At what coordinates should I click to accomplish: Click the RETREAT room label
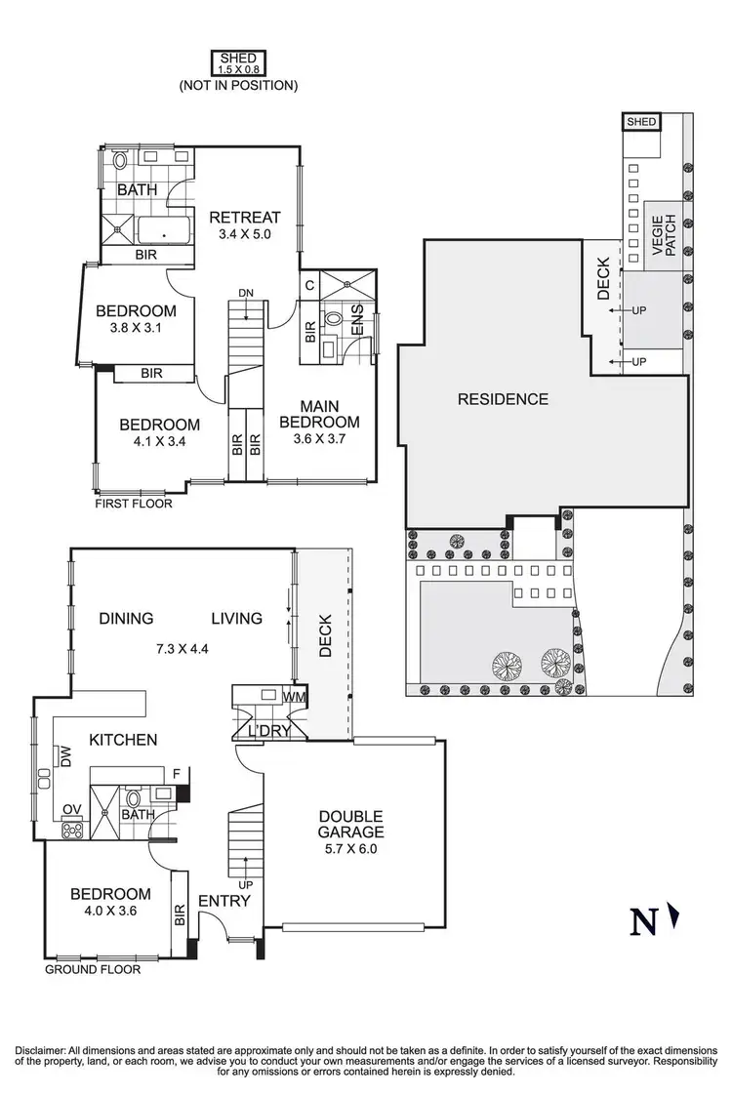[x=244, y=217]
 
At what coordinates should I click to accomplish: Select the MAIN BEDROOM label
[x=319, y=414]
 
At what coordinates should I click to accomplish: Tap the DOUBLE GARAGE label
[x=349, y=824]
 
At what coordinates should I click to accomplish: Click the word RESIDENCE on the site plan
[x=503, y=398]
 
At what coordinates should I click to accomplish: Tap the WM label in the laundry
[x=295, y=697]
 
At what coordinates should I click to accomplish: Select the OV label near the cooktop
[x=69, y=808]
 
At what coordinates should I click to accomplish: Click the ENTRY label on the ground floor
[x=224, y=901]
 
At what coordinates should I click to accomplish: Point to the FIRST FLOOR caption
[x=133, y=505]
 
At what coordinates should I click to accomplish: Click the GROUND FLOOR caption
[x=93, y=970]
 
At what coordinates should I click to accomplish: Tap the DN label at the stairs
[x=246, y=292]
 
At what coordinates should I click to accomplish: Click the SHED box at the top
[x=238, y=63]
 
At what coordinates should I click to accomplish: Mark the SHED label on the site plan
[x=641, y=122]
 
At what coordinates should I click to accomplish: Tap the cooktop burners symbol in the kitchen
[x=72, y=831]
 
